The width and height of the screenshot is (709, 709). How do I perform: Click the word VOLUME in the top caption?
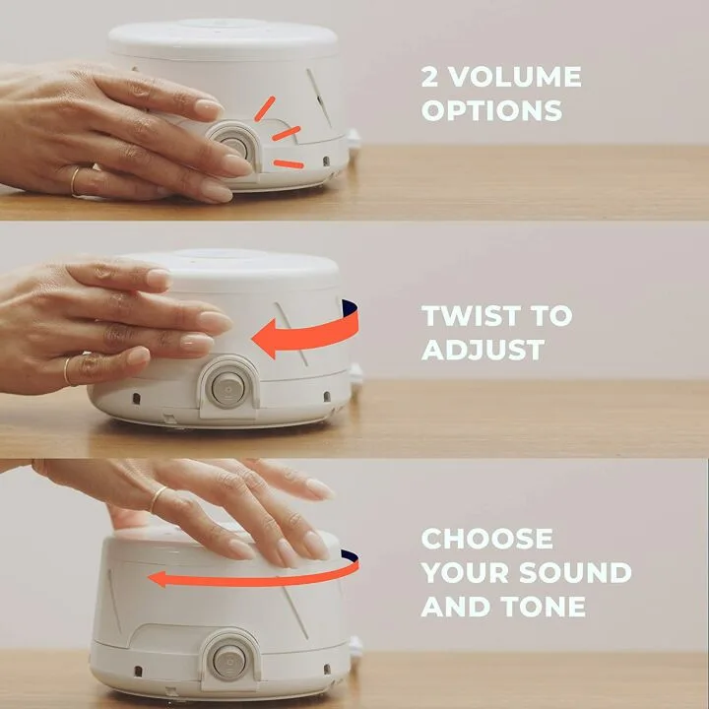click(513, 77)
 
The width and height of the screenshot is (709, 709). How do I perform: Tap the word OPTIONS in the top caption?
click(491, 110)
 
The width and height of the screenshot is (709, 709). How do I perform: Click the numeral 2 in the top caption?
click(430, 77)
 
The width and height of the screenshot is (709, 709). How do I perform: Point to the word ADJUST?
click(483, 350)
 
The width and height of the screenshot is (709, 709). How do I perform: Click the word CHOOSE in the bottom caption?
click(486, 539)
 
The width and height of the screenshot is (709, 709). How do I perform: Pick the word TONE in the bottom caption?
click(545, 606)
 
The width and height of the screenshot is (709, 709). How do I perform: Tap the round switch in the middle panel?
click(227, 385)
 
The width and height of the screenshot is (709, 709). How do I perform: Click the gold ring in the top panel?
click(76, 181)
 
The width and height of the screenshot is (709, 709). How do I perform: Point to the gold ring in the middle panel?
click(68, 369)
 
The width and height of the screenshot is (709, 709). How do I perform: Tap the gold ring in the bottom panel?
click(159, 498)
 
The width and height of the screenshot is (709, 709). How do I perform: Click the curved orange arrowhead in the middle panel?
click(268, 340)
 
